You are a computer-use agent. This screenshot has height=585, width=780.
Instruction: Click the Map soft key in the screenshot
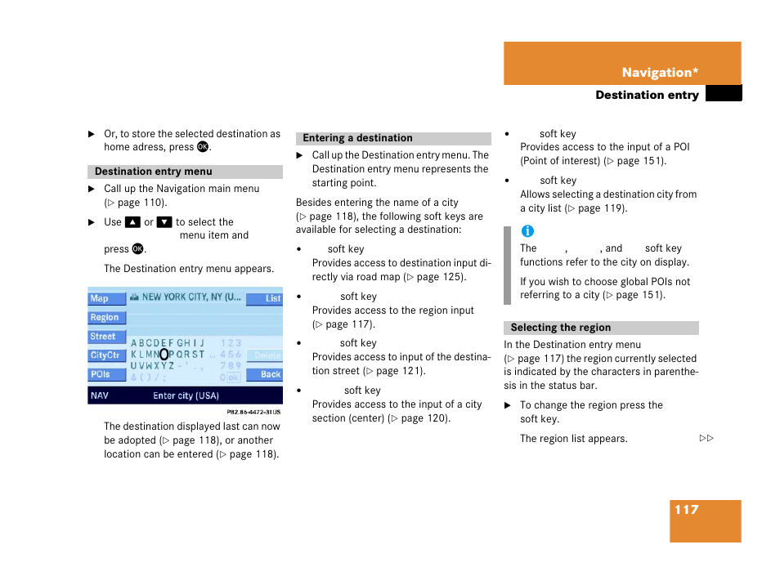click(106, 298)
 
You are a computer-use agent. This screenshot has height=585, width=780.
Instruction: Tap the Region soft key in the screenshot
click(106, 317)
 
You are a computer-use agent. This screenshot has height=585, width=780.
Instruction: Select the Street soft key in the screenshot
click(106, 337)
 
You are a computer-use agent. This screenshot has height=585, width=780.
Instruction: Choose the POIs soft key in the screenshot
click(106, 374)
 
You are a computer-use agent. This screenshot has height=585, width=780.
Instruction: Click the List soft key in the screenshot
click(264, 298)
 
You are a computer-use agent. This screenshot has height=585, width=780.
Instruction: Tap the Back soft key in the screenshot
click(264, 374)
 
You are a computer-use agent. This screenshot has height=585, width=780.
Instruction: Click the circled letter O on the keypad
click(164, 355)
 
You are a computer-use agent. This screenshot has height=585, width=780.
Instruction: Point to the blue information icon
click(527, 231)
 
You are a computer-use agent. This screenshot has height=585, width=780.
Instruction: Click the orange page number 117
click(687, 510)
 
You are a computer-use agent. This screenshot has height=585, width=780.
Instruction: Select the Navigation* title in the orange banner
click(660, 73)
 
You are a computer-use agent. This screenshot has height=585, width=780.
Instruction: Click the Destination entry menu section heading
click(153, 172)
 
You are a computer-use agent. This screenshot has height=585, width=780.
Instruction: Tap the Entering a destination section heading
click(357, 138)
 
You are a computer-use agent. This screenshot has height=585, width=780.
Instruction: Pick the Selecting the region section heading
click(561, 328)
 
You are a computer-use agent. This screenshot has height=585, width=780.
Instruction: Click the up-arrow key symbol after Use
click(132, 222)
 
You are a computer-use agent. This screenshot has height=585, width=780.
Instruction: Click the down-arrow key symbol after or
click(164, 222)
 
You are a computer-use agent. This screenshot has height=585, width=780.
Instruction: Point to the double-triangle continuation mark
click(706, 438)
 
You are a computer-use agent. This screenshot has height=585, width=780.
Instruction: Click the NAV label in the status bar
click(100, 395)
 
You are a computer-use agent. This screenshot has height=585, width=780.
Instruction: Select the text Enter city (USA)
click(186, 395)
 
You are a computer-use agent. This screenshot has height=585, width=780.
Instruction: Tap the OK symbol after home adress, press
click(203, 146)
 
